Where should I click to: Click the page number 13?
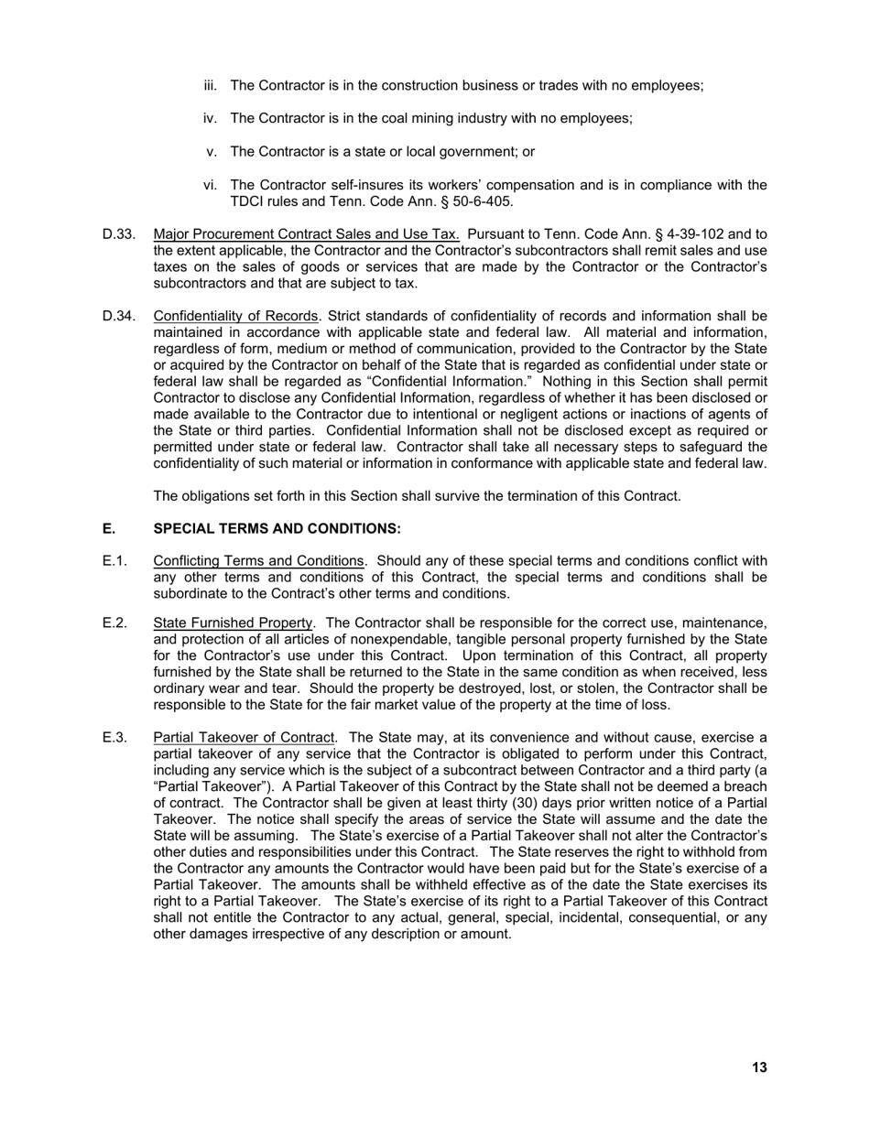pyautogui.click(x=759, y=1067)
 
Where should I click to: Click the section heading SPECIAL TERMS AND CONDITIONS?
pyautogui.click(x=277, y=529)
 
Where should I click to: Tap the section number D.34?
pyautogui.click(x=119, y=316)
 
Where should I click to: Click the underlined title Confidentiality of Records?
pyautogui.click(x=236, y=316)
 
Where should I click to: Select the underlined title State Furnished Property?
pyautogui.click(x=233, y=623)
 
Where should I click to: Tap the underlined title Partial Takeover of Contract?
pyautogui.click(x=244, y=738)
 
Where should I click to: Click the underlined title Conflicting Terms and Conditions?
pyautogui.click(x=258, y=561)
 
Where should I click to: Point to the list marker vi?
pyautogui.click(x=210, y=186)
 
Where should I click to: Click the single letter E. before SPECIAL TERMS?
pyautogui.click(x=109, y=529)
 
